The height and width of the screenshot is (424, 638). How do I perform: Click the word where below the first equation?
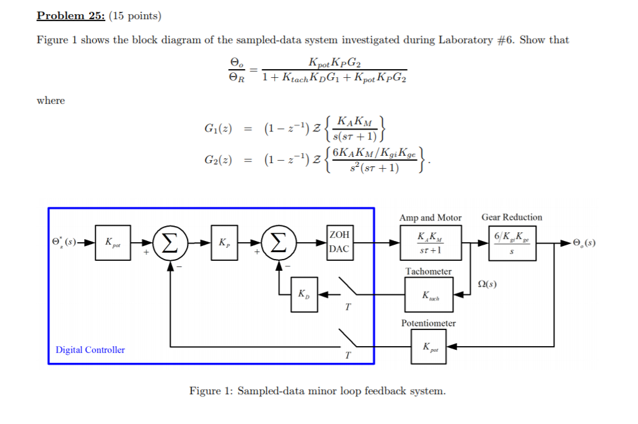click(50, 100)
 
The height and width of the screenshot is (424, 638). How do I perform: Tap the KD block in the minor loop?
click(302, 293)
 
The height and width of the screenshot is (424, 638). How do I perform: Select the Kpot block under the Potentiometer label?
click(429, 347)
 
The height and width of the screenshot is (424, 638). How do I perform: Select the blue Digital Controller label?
click(90, 350)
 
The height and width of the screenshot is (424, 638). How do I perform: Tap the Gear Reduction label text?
click(512, 217)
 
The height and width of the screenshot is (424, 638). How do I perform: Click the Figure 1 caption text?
click(317, 391)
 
